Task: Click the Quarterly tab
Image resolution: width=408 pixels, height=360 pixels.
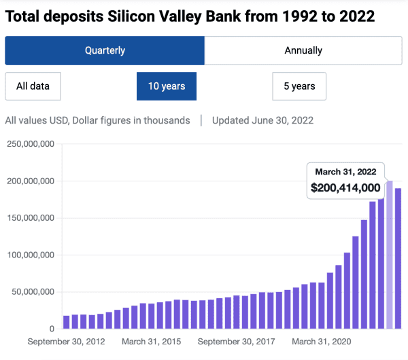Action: [105, 50]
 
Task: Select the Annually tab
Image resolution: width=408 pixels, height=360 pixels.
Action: [303, 50]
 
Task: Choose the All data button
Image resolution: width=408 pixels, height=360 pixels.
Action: [32, 86]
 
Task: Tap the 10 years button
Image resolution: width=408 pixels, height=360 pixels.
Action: [167, 86]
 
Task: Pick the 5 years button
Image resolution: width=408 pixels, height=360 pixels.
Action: [299, 86]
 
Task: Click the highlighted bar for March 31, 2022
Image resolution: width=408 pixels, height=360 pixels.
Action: [390, 255]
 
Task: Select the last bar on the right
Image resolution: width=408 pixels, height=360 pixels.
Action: [398, 258]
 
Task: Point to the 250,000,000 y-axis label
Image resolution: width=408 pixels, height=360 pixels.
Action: [30, 144]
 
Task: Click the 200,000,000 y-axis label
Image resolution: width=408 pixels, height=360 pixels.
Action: [30, 181]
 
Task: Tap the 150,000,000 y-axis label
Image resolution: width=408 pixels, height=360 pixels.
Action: [30, 218]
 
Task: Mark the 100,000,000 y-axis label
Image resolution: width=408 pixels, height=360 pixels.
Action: [30, 255]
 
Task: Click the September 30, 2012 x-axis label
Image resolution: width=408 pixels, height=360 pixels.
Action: [66, 342]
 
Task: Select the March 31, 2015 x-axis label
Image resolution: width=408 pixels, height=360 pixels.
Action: [151, 342]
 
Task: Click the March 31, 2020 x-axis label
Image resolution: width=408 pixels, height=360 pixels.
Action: [321, 342]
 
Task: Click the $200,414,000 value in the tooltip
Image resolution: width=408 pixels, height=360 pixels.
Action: [345, 188]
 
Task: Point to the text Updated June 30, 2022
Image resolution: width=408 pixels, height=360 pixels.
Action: [262, 120]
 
